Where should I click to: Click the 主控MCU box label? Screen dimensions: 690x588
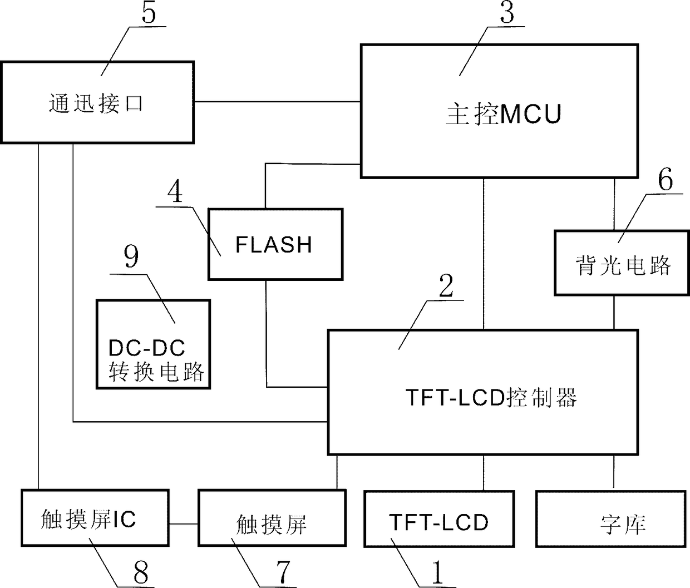504,115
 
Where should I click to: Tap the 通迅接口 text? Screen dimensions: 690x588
96,103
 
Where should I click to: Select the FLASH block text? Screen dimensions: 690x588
274,245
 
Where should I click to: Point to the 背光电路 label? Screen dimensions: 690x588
623,265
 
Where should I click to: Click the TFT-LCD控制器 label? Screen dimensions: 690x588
491,397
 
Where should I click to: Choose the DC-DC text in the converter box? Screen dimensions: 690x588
146,348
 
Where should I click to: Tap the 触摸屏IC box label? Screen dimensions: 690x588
88,519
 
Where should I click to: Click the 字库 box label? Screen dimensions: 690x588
623,524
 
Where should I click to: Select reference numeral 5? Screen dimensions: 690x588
149,13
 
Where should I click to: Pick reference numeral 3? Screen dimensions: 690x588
507,13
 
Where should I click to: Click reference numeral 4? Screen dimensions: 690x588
175,191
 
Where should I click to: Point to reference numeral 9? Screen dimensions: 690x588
131,256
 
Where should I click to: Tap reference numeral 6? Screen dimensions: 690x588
666,179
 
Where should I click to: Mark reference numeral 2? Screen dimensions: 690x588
446,286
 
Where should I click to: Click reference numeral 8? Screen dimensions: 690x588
141,572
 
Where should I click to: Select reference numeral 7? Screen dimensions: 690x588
283,572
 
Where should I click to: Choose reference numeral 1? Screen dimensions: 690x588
437,572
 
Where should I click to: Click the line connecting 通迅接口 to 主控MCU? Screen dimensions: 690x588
278,101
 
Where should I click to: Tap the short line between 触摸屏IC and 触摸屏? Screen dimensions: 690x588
183,524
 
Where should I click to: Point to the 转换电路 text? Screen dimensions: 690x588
156,372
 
